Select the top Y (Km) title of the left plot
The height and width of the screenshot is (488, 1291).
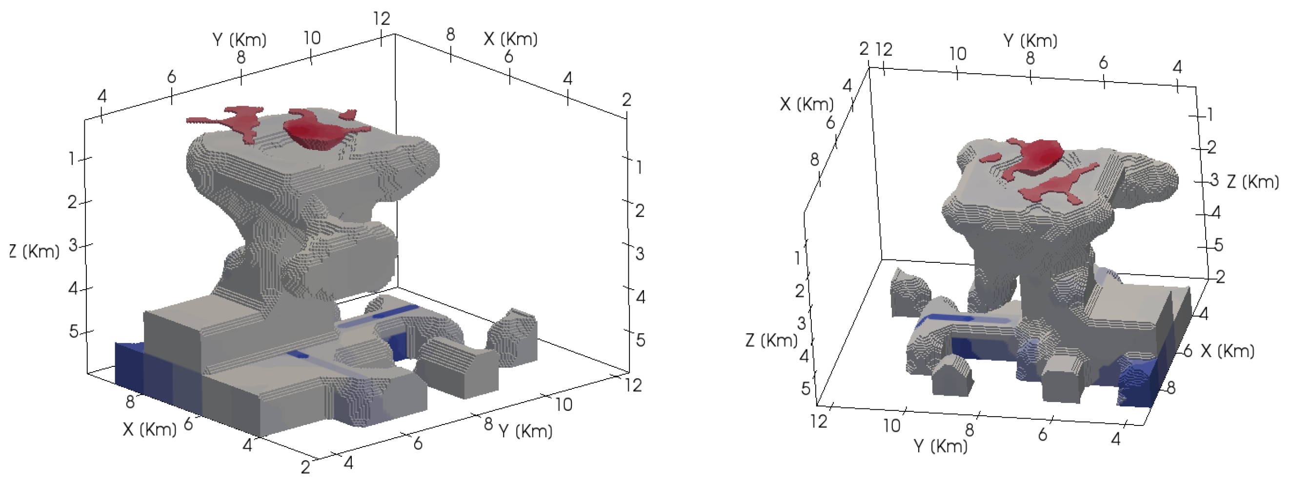[240, 39]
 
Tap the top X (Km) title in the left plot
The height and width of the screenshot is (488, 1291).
[511, 39]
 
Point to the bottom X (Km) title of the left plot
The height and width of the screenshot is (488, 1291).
[150, 429]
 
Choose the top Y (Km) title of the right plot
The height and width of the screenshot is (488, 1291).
[1030, 41]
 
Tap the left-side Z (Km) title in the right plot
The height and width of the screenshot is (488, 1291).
[771, 340]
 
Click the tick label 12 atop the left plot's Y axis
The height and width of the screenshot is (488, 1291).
[382, 19]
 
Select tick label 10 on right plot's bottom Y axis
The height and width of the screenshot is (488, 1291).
[891, 426]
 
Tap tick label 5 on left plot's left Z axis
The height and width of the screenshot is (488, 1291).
[74, 332]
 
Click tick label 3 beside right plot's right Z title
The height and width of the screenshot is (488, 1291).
[1214, 180]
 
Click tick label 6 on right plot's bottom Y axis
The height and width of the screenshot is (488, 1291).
[1043, 435]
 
